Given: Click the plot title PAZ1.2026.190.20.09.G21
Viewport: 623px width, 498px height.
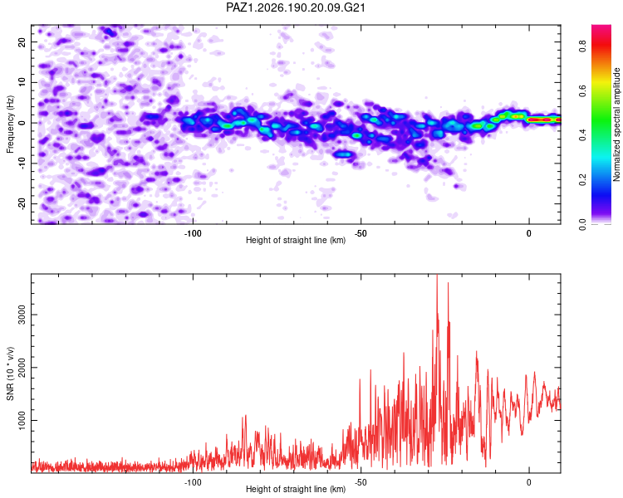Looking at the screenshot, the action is tap(295, 7).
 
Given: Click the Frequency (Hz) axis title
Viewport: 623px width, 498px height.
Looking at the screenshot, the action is tap(10, 124).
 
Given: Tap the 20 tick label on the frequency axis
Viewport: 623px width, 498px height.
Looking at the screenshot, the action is tap(22, 41).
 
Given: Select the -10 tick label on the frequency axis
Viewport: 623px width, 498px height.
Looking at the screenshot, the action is tap(22, 163).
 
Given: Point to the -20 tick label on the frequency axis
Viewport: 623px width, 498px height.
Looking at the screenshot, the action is tap(22, 203).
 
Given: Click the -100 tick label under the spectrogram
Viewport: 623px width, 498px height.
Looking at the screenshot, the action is tap(193, 233).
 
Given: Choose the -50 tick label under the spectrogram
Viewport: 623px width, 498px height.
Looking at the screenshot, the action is tap(361, 233).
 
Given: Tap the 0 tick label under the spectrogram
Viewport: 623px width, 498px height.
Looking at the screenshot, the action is tap(529, 233).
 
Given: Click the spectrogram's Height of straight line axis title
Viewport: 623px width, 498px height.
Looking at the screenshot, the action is tap(296, 240).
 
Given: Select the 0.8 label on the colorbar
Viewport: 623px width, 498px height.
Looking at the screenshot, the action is tap(582, 47).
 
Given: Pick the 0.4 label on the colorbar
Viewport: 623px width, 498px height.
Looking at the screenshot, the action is tap(582, 135).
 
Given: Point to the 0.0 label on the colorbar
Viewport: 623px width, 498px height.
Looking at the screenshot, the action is tap(582, 224).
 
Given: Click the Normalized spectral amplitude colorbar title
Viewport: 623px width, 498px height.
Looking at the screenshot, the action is tap(616, 124).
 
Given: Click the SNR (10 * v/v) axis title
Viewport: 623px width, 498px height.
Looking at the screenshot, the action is tap(10, 373).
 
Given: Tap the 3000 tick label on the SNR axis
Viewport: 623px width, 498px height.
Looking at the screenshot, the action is tap(22, 315).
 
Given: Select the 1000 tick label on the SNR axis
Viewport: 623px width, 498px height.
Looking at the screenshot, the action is tap(22, 420).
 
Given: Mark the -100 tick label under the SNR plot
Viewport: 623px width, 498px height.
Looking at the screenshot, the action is tap(193, 482).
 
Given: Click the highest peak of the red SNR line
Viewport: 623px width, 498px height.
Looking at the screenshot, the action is tap(437, 275).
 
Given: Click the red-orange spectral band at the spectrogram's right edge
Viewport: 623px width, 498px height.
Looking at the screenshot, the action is tap(543, 120).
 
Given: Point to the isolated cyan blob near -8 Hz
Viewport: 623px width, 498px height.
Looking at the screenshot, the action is tap(343, 154).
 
